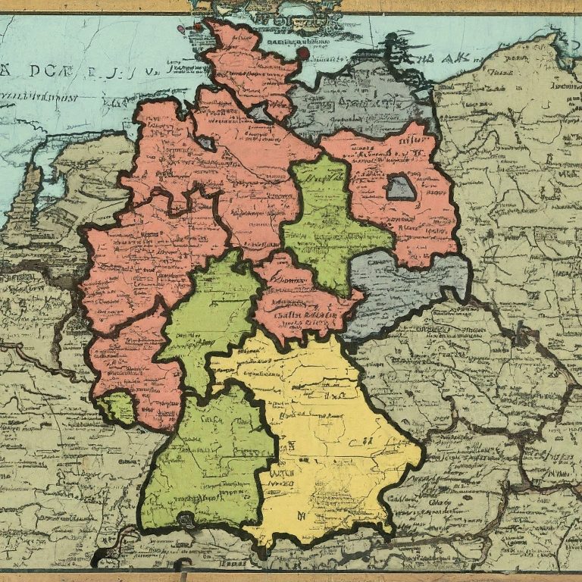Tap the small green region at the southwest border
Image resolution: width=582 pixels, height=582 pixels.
(117, 408)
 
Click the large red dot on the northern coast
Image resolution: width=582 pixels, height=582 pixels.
(303, 53)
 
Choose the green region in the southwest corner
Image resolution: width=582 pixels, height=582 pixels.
(205, 462)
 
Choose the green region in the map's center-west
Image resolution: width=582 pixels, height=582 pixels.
(212, 311)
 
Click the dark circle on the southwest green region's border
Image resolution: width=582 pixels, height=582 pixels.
(184, 519)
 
